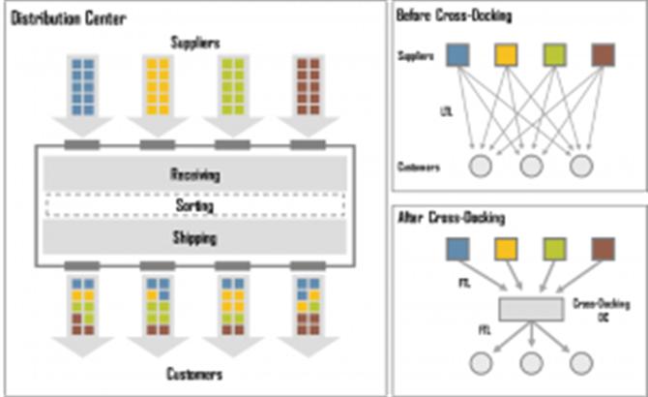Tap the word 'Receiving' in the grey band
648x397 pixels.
[194, 175]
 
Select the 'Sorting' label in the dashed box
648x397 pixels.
[194, 206]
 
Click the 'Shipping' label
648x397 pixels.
[194, 237]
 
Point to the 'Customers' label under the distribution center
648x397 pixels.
[194, 374]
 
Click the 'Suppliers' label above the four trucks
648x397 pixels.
[194, 42]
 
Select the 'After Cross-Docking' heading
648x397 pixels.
[450, 220]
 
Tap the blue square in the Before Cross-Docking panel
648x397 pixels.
[457, 53]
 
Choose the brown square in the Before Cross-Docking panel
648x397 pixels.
[603, 53]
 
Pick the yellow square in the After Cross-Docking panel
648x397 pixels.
[506, 250]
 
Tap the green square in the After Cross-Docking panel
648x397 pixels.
[554, 250]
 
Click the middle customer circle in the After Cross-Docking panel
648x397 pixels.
[529, 365]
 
